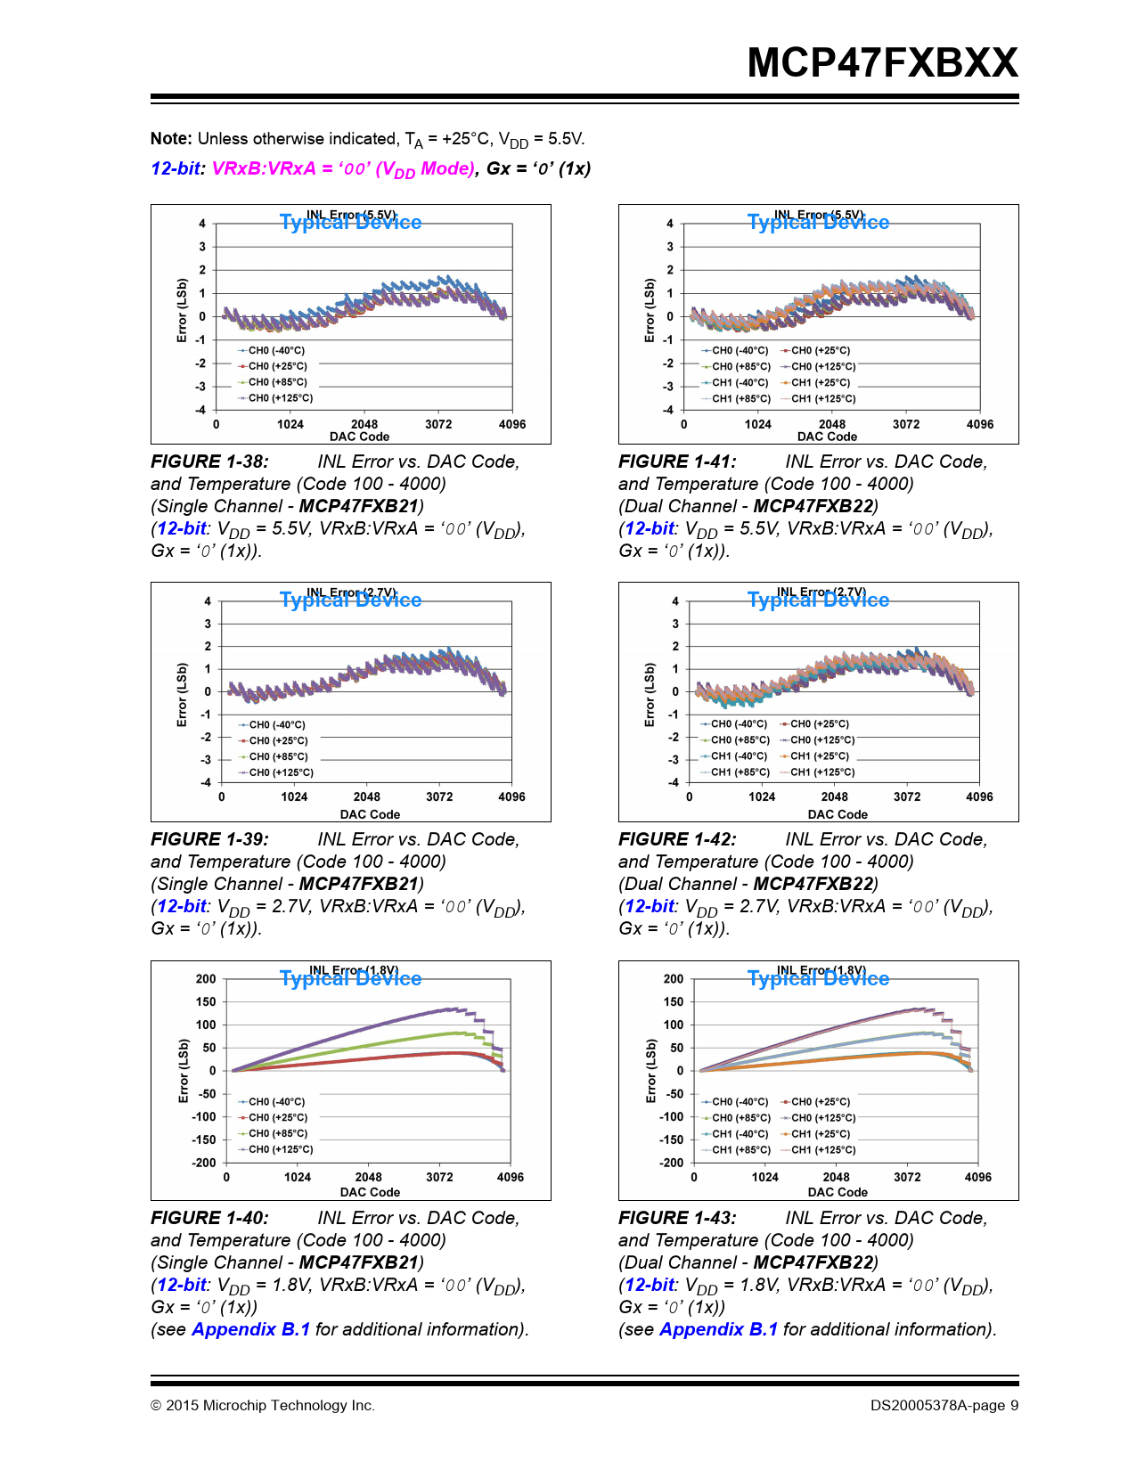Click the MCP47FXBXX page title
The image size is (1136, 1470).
882,63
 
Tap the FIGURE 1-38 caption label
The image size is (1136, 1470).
209,461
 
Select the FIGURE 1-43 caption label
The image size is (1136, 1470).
677,1218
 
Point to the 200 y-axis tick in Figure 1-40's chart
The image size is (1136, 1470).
206,979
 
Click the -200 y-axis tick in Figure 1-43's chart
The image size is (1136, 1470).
673,1163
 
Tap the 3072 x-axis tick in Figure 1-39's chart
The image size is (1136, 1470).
439,797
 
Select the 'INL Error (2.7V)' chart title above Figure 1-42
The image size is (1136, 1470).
821,592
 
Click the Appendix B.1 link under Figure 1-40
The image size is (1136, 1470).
250,1329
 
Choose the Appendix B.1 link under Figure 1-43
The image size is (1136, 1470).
718,1329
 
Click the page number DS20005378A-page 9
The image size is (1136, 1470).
944,1406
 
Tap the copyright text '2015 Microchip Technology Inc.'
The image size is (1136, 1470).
270,1406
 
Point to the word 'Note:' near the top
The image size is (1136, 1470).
171,139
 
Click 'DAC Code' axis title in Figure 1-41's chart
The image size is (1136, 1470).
827,437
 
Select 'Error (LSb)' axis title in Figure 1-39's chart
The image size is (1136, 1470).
183,695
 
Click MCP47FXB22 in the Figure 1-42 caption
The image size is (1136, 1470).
813,884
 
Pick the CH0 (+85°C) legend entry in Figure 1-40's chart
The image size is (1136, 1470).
277,1134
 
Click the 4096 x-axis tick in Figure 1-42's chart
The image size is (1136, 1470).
979,797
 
